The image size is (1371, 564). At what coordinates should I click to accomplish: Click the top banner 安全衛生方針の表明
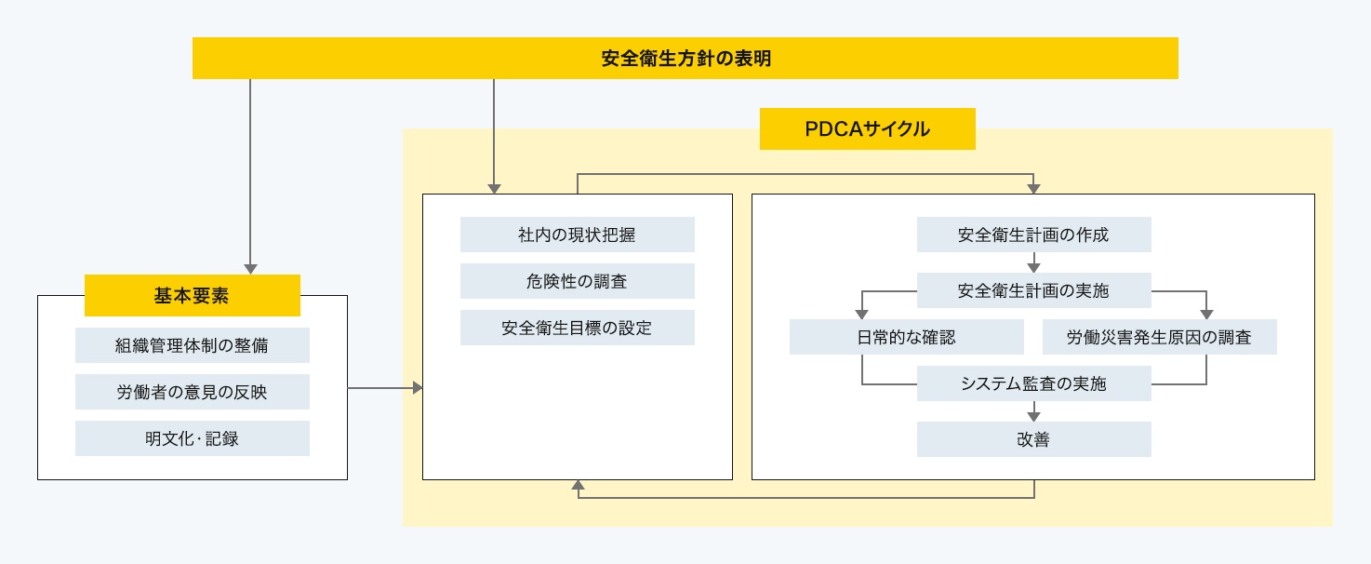coord(685,59)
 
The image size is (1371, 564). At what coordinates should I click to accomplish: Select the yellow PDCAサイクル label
coord(867,129)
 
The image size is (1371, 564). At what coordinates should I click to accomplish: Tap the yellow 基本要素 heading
coord(192,296)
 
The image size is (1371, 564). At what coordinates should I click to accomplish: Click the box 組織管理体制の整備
coord(192,345)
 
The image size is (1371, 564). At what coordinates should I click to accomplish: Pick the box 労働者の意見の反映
coord(192,392)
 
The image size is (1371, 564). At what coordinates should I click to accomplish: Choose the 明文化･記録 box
coord(192,438)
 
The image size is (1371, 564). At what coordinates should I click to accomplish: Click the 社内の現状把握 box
coord(577,235)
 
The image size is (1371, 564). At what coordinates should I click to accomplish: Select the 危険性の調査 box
coord(577,281)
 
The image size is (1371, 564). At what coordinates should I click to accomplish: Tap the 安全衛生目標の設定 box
coord(577,328)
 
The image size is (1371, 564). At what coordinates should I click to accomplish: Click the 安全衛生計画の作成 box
coord(1033,235)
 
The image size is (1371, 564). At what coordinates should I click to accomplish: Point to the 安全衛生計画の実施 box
coord(1033,290)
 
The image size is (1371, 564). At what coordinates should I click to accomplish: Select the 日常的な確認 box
coord(906,337)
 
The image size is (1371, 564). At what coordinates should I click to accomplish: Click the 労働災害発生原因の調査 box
coord(1159,337)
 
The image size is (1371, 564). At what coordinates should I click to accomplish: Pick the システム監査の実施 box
coord(1033,383)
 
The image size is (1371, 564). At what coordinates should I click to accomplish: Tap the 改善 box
coord(1033,439)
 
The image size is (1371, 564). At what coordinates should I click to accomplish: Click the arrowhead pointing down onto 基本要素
coord(250,268)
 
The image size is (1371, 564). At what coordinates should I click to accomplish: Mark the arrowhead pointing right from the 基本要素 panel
coord(417,387)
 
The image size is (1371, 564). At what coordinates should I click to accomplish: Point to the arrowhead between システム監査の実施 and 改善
coord(1033,416)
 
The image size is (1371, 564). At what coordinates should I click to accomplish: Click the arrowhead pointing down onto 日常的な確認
coord(862,314)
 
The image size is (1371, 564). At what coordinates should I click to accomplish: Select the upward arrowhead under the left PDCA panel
coord(578,486)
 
